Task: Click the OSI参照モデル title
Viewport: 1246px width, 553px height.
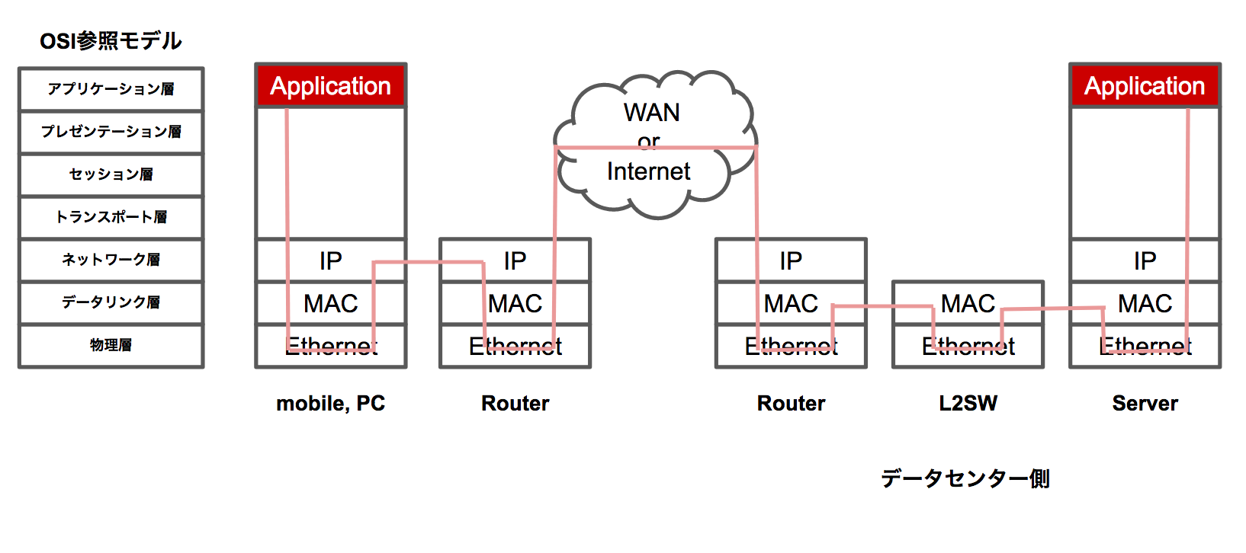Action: pyautogui.click(x=111, y=40)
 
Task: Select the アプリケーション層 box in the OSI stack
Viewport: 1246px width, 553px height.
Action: pyautogui.click(x=111, y=89)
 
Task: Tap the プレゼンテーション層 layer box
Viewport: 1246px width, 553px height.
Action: pyautogui.click(x=111, y=132)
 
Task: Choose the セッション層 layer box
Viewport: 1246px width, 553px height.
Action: pyautogui.click(x=111, y=174)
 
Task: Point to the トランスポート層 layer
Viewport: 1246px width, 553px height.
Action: pyautogui.click(x=111, y=217)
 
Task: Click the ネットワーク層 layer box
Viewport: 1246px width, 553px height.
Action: pyautogui.click(x=111, y=260)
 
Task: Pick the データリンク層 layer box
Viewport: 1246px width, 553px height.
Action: pyautogui.click(x=111, y=302)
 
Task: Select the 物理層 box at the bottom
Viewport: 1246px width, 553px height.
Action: pyautogui.click(x=111, y=345)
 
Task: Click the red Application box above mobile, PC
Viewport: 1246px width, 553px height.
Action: pyautogui.click(x=330, y=86)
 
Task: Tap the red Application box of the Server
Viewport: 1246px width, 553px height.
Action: pyautogui.click(x=1145, y=86)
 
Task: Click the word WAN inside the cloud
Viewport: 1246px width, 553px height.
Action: pyautogui.click(x=651, y=113)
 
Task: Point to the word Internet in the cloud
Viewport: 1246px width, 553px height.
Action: pyautogui.click(x=648, y=171)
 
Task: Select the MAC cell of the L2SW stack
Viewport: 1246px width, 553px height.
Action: pyautogui.click(x=968, y=303)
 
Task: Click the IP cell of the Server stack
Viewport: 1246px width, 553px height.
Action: pyautogui.click(x=1145, y=261)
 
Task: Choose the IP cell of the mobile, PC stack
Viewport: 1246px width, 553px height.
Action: pyautogui.click(x=330, y=261)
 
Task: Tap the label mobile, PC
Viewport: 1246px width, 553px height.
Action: pyautogui.click(x=330, y=403)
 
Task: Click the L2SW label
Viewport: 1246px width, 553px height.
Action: pyautogui.click(x=968, y=403)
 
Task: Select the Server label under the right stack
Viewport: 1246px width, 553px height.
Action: pyautogui.click(x=1145, y=403)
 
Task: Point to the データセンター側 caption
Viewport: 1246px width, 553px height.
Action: pyautogui.click(x=965, y=478)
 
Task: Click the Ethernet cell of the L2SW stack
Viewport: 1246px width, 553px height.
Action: pyautogui.click(x=968, y=347)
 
